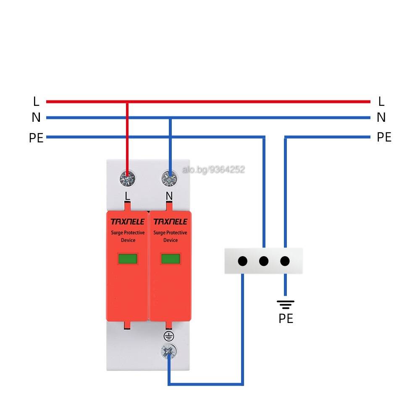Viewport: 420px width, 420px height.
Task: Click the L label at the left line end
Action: (36, 102)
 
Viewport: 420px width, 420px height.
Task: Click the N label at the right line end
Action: (381, 117)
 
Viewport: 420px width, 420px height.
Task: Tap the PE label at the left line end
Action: (36, 138)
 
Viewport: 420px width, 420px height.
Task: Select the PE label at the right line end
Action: (384, 137)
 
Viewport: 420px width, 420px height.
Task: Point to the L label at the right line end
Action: (381, 102)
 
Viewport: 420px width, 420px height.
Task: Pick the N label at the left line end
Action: (36, 117)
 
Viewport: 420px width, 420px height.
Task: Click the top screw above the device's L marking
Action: (128, 178)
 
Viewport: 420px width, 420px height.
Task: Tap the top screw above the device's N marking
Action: (169, 178)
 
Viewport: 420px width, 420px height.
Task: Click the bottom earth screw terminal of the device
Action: (169, 352)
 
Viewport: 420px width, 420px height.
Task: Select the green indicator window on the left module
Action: (128, 259)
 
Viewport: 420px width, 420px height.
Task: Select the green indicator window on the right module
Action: (171, 259)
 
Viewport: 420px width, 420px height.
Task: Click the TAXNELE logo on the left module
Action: (128, 222)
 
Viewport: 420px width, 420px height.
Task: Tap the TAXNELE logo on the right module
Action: (171, 222)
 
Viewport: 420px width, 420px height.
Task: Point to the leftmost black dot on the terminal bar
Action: (243, 261)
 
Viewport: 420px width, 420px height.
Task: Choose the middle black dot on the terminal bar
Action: (264, 261)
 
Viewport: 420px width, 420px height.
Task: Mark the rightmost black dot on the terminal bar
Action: (285, 261)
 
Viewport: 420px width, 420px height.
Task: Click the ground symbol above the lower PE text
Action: (286, 304)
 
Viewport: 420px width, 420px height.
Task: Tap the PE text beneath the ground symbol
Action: (286, 318)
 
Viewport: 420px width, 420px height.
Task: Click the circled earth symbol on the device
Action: (169, 336)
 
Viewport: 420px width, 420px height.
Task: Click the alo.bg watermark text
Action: (213, 170)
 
